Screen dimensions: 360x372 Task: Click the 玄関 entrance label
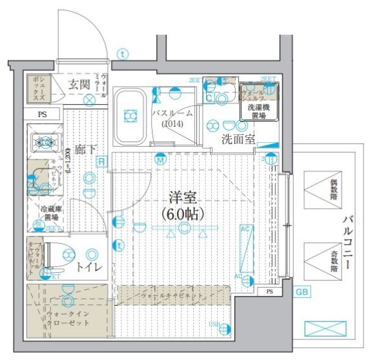pos(79,84)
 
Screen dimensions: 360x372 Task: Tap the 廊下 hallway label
pos(85,149)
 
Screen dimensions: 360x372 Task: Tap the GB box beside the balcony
pos(302,292)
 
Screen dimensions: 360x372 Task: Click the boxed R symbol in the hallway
pos(100,162)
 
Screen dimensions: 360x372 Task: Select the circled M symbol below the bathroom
pos(160,159)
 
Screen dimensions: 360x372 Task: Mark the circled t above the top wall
pos(123,54)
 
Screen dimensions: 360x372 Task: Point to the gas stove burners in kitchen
pos(44,142)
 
